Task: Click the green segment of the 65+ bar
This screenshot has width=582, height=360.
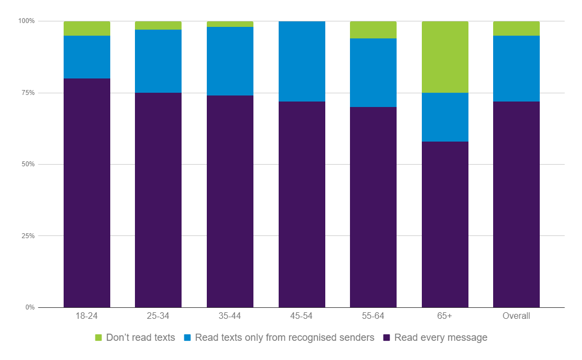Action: pyautogui.click(x=445, y=57)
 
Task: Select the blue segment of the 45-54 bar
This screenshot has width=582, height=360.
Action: pyautogui.click(x=302, y=61)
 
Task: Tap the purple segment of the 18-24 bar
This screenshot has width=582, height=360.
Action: pyautogui.click(x=87, y=193)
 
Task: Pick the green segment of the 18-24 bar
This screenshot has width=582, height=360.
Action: pyautogui.click(x=87, y=29)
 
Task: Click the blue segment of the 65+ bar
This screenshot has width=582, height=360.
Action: pyautogui.click(x=445, y=117)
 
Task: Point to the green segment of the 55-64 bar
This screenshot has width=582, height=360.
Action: pyautogui.click(x=373, y=30)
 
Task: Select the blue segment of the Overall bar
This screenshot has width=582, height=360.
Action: pyautogui.click(x=516, y=69)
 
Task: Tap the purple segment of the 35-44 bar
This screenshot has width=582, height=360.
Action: pyautogui.click(x=230, y=201)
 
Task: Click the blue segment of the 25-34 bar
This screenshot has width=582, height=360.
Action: pyautogui.click(x=158, y=61)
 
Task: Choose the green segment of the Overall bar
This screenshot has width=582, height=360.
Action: pyautogui.click(x=516, y=29)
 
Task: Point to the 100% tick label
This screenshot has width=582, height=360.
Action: pyautogui.click(x=26, y=21)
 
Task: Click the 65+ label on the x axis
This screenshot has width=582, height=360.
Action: pyautogui.click(x=445, y=316)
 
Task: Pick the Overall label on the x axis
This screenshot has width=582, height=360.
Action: pyautogui.click(x=516, y=316)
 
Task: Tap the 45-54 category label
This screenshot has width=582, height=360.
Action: pyautogui.click(x=302, y=316)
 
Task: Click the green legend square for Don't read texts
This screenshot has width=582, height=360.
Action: pyautogui.click(x=99, y=338)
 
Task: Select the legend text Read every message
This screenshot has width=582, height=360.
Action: pyautogui.click(x=440, y=337)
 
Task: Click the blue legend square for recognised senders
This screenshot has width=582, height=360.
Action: pyautogui.click(x=187, y=338)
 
